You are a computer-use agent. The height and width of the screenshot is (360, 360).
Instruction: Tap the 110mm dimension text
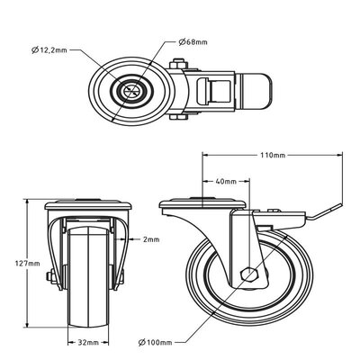click(x=274, y=155)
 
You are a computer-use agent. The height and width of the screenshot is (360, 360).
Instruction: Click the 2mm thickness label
click(x=150, y=239)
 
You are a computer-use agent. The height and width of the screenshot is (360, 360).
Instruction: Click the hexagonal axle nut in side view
click(x=250, y=274)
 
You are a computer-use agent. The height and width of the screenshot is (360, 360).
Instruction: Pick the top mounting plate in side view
click(x=203, y=205)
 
